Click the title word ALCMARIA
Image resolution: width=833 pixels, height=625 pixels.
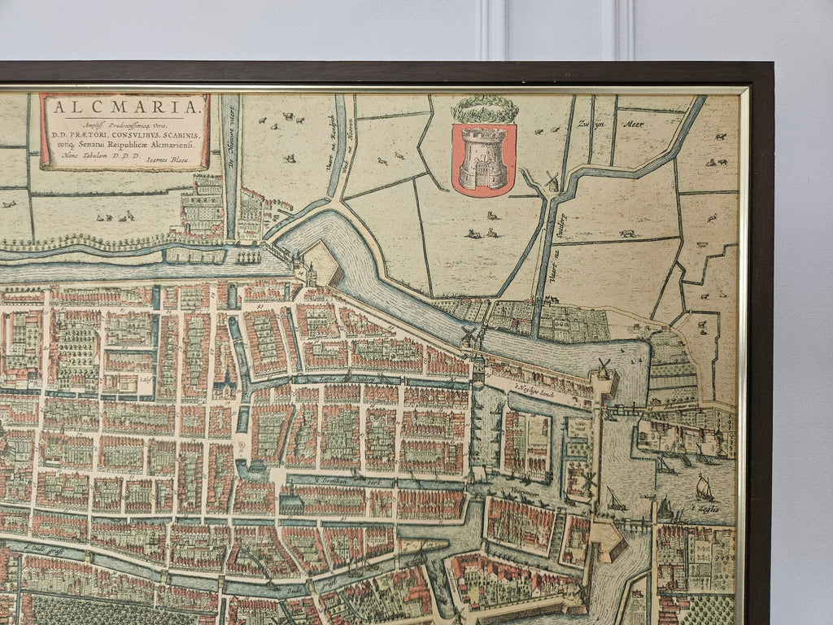click(x=124, y=107)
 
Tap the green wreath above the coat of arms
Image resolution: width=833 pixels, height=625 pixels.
click(x=485, y=109)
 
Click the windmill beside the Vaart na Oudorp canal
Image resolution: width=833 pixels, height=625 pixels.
click(x=552, y=181)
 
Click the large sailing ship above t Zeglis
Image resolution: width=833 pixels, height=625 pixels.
click(x=704, y=488)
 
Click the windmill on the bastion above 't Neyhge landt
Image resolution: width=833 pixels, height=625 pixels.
click(x=604, y=369)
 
